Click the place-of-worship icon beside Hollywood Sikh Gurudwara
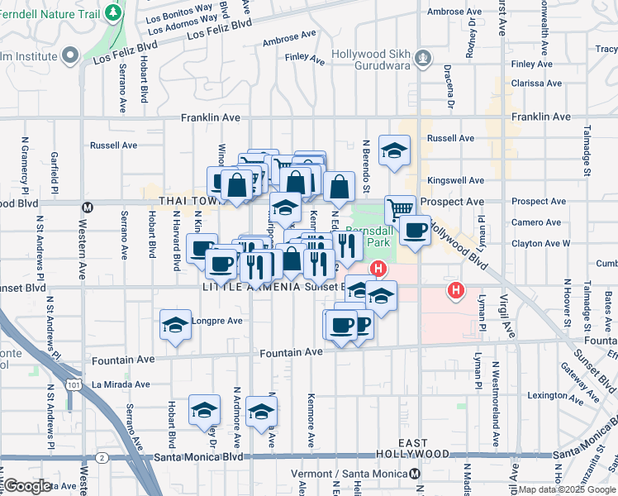point(423,57)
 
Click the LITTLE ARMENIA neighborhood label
point(243,287)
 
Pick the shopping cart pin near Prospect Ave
point(401,209)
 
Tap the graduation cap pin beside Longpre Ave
point(175,326)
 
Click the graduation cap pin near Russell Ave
point(394,150)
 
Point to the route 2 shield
point(101,457)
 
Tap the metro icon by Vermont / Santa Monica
point(415,474)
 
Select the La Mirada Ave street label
point(121,384)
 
